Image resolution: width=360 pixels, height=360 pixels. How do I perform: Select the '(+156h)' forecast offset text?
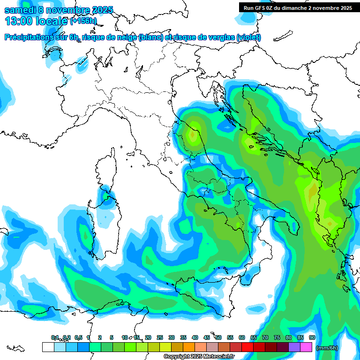tap(83, 21)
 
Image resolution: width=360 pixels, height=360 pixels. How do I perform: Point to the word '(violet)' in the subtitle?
tap(249, 37)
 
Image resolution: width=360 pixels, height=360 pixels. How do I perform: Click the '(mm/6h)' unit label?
tap(327, 348)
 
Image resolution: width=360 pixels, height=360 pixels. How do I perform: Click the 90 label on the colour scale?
tap(312, 337)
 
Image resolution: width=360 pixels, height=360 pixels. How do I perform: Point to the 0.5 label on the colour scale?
tap(78, 337)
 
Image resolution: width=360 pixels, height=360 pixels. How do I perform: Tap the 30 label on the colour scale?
tap(172, 337)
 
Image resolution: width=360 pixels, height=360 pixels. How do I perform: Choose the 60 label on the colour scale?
tap(242, 337)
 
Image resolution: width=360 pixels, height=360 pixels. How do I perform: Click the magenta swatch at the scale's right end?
tap(306, 347)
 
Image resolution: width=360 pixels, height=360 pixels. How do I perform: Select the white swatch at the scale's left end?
tap(48, 347)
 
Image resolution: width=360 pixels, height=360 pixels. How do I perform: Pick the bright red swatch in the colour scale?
tap(247, 347)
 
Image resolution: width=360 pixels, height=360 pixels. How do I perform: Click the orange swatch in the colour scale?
tap(189, 347)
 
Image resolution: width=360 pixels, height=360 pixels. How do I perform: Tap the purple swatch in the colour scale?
tap(294, 347)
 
